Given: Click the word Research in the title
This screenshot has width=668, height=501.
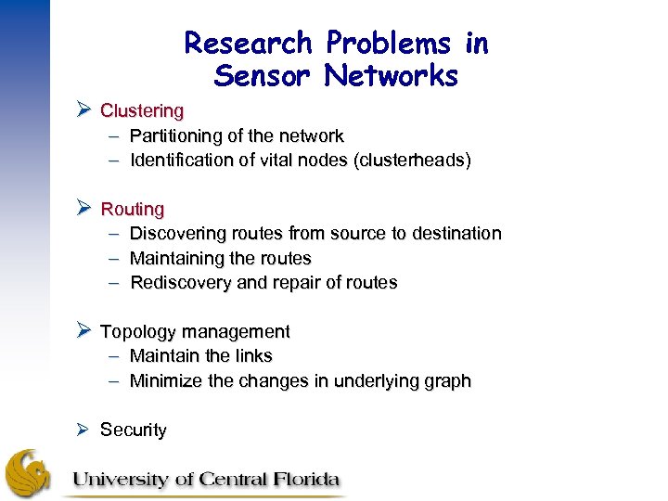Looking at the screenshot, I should tap(248, 43).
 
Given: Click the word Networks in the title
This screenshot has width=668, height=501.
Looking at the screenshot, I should tap(392, 76).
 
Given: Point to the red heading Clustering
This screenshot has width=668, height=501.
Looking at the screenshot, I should tap(142, 111).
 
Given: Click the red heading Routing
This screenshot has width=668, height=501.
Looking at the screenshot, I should tap(133, 210).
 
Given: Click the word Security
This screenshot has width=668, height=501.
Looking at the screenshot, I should tap(134, 430).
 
